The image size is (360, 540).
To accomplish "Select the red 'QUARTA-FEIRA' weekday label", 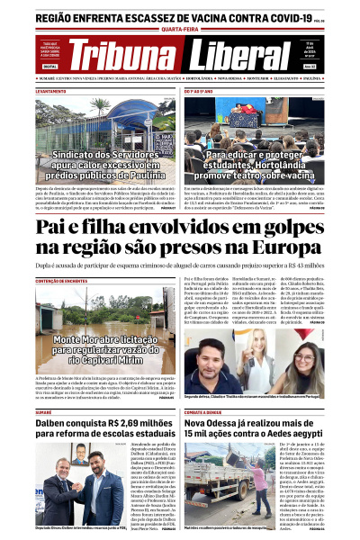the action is click(x=180, y=28).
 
